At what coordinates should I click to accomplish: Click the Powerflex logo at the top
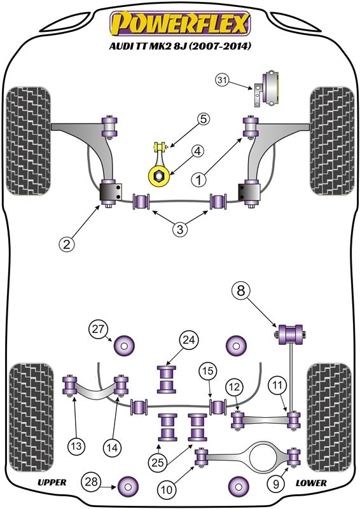[179, 25]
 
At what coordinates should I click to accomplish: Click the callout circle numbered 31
[221, 80]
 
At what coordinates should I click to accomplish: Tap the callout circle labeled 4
[198, 151]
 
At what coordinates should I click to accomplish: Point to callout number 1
[200, 180]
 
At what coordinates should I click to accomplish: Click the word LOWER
[311, 483]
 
